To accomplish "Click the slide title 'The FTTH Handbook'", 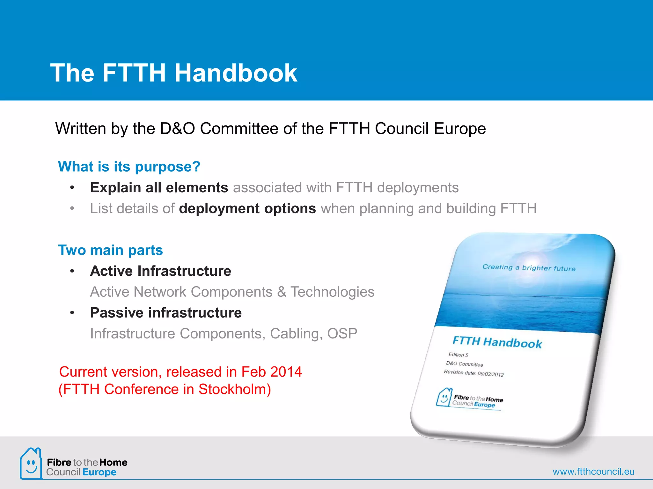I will click(174, 73).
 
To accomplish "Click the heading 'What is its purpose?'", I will click(129, 167).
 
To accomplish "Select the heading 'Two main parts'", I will click(110, 250).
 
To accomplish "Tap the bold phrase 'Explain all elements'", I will click(159, 188).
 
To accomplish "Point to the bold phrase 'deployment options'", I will click(247, 209).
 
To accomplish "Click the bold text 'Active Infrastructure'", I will click(161, 271).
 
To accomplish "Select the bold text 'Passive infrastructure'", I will click(166, 313).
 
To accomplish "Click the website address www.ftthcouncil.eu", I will click(593, 471).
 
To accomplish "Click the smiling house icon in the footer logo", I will click(31, 464).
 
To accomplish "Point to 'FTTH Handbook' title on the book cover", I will click(497, 342).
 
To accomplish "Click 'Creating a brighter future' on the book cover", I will click(529, 268).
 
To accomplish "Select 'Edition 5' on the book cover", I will click(458, 355).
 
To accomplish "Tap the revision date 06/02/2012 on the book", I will click(490, 374).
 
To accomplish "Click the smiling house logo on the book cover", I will click(444, 398).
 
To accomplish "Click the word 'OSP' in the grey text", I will click(342, 334).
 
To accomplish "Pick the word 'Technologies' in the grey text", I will click(332, 292).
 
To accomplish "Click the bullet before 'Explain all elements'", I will click(72, 188).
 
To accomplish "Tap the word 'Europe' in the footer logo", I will click(99, 472).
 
